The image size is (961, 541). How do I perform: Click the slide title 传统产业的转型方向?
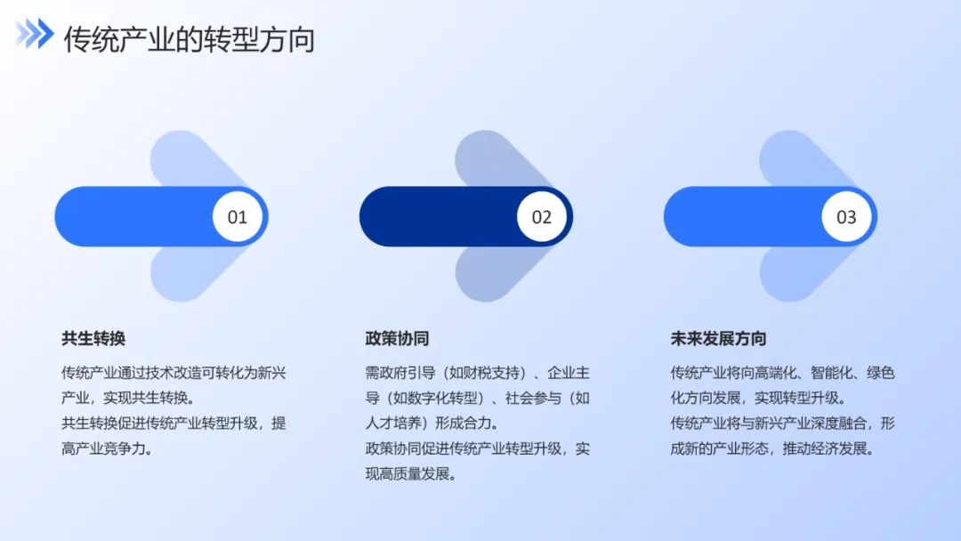coord(190,40)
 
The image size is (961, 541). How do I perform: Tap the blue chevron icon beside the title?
coord(35,33)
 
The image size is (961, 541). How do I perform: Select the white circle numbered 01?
coord(238,217)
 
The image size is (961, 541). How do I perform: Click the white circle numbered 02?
coord(542,217)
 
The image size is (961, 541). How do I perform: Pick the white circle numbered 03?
coord(846,217)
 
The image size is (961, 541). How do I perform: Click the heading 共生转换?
coord(93,338)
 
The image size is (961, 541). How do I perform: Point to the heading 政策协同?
coord(397,338)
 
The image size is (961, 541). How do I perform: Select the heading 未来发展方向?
coord(718,338)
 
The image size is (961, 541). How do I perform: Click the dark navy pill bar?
coord(466,217)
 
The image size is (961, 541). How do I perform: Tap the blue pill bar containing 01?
coord(161,217)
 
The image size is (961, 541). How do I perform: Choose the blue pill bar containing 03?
coord(771,217)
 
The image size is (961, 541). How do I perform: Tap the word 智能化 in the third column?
coord(832,373)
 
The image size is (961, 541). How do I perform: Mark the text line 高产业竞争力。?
coord(108,449)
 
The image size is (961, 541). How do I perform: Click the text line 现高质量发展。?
coord(411,474)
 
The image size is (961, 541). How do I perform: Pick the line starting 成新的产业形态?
coord(773,449)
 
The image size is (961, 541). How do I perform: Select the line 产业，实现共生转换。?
coord(128,399)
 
